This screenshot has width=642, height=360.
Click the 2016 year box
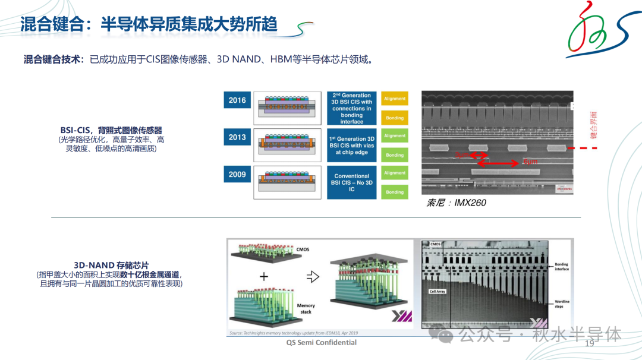point(237,100)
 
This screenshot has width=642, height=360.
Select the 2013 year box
point(237,137)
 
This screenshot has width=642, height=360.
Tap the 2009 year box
point(237,175)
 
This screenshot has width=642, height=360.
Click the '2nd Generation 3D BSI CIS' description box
point(352,108)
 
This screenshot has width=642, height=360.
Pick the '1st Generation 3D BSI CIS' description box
point(352,146)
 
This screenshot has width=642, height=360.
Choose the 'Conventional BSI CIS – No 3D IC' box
point(352,182)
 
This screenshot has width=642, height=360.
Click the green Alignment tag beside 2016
point(395,99)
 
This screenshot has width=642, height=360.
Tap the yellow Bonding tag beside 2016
point(395,118)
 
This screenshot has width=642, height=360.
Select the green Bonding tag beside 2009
point(395,192)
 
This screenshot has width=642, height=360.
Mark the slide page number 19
point(590,344)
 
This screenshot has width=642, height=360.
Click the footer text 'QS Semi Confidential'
point(322,343)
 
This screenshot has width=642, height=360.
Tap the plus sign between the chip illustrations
point(264,277)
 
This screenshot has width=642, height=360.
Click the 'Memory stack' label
point(306,308)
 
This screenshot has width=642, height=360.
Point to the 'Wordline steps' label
point(562,304)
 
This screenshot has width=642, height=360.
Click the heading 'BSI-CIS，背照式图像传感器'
point(111,130)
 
